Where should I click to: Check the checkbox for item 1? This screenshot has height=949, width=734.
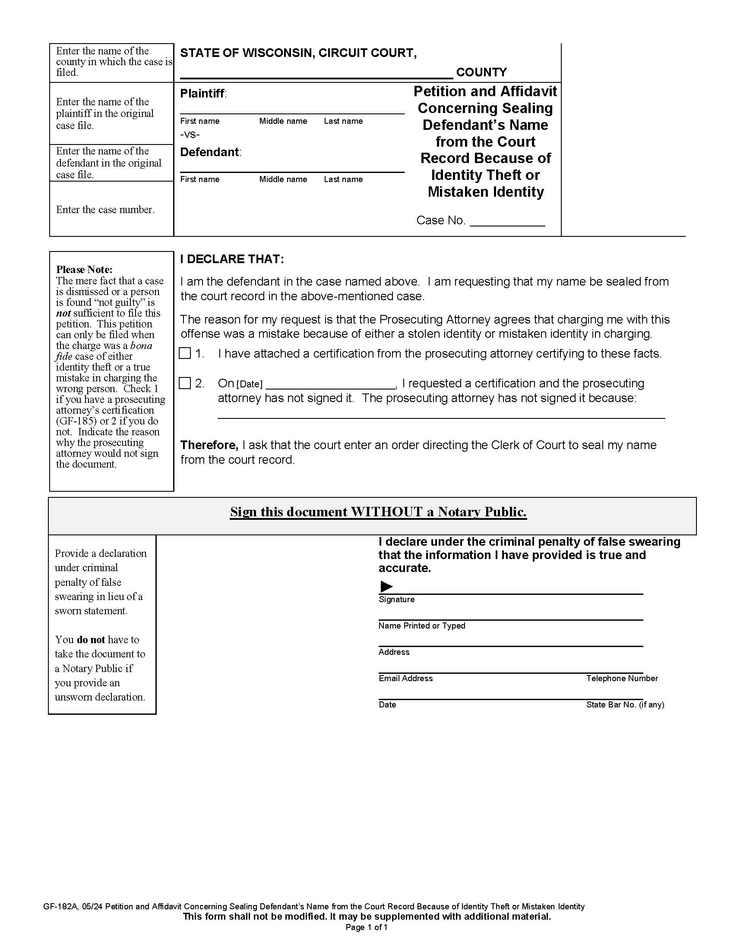[x=185, y=353]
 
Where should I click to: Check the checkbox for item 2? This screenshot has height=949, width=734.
[x=185, y=383]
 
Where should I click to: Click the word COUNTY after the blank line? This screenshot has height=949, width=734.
[x=481, y=72]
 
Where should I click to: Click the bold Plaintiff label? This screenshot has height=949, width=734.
[x=202, y=94]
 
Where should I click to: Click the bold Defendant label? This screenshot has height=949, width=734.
[x=209, y=152]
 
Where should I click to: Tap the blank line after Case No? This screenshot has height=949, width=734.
[x=507, y=222]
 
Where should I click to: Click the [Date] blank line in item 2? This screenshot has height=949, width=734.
[x=330, y=384]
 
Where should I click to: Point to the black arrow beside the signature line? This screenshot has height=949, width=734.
[x=386, y=586]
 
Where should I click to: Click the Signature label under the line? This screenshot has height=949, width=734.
[x=396, y=600]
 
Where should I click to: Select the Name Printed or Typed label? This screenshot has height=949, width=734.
[x=421, y=626]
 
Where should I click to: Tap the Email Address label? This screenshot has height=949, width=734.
[x=405, y=678]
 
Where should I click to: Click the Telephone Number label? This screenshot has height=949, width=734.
[x=621, y=678]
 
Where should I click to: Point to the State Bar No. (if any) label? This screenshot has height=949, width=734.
[x=624, y=705]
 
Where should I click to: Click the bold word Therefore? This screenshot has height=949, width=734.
[x=209, y=445]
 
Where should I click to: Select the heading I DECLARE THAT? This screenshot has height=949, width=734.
[x=232, y=259]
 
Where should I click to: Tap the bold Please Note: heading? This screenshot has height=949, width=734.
[x=84, y=270]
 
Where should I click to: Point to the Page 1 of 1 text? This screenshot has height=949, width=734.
[x=366, y=928]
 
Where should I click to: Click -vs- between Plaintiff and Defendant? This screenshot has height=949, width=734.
[x=190, y=135]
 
